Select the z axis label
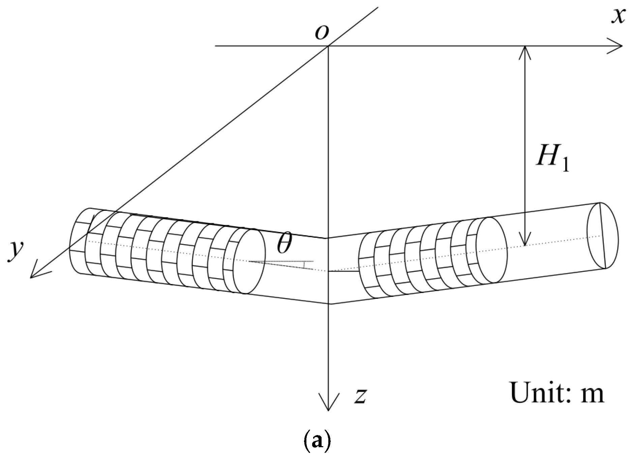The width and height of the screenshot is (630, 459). click(x=360, y=396)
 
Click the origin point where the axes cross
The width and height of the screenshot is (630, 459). click(x=328, y=46)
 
